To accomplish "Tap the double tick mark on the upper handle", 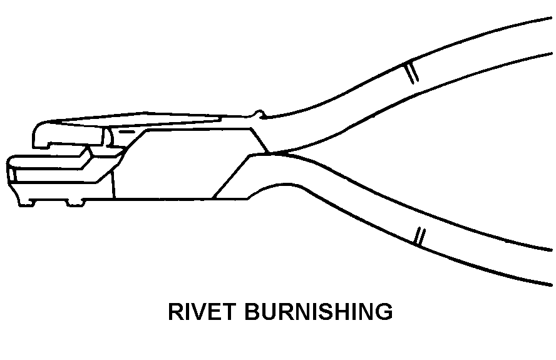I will [x=411, y=72].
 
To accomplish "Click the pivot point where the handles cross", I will [x=269, y=152].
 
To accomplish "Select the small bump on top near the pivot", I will [x=256, y=114].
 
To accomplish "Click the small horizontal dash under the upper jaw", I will [x=125, y=132].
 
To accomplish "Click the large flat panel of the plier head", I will [x=182, y=163].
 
